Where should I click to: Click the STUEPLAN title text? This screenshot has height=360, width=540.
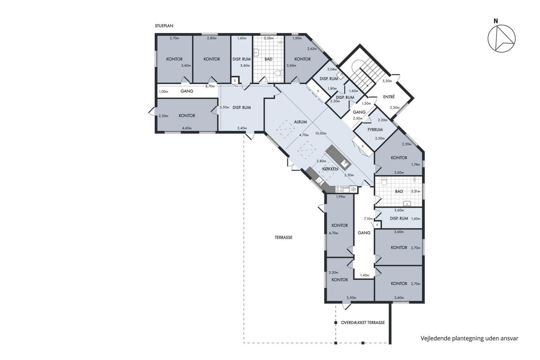point(164,26)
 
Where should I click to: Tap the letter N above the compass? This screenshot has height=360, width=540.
point(496,21)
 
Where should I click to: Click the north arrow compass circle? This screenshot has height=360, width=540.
point(501,39)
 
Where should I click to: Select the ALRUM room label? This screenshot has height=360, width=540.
point(300,122)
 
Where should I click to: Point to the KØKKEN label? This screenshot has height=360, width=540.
point(330,169)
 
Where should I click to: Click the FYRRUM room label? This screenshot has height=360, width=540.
point(375,130)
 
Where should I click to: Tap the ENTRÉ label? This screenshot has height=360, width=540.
point(389,97)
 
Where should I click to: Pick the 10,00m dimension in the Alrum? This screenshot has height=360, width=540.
point(321,133)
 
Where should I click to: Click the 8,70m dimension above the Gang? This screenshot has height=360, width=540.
point(210,86)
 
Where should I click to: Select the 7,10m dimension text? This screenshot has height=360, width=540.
point(368,219)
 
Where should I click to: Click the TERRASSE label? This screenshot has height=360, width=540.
point(283,238)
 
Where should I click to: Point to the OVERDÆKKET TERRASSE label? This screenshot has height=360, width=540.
point(363,323)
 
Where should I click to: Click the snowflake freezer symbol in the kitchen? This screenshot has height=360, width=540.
point(353,189)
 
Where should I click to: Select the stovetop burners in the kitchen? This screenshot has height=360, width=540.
point(339,189)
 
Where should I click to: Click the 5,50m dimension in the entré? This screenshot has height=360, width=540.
point(387,81)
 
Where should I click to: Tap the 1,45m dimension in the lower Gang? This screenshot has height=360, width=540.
point(364,275)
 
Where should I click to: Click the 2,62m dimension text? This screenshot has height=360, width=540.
point(312,49)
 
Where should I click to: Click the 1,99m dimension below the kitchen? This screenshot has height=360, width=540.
point(341,197)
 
